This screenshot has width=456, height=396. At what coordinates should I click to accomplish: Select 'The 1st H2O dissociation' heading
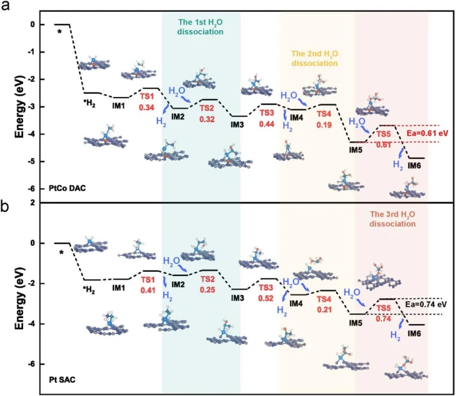[201, 26]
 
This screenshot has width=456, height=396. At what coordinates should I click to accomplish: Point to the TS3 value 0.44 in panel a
[267, 123]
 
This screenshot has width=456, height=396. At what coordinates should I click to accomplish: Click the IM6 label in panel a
[414, 165]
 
